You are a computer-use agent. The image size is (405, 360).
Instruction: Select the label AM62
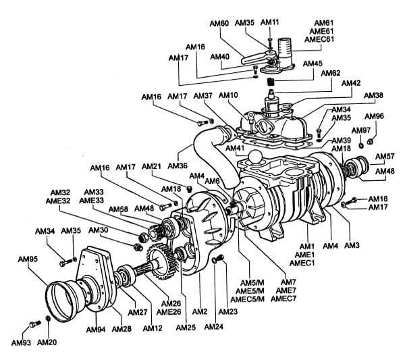click(x=331, y=73)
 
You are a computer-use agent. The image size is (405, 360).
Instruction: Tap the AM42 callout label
click(x=351, y=83)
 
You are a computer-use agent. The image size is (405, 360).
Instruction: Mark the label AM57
click(x=385, y=157)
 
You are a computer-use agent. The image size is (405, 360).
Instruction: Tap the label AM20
click(x=47, y=342)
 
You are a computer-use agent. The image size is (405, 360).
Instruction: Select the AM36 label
click(x=178, y=165)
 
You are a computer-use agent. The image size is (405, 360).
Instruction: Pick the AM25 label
click(x=186, y=328)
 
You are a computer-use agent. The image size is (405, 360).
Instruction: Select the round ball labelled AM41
click(x=256, y=157)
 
